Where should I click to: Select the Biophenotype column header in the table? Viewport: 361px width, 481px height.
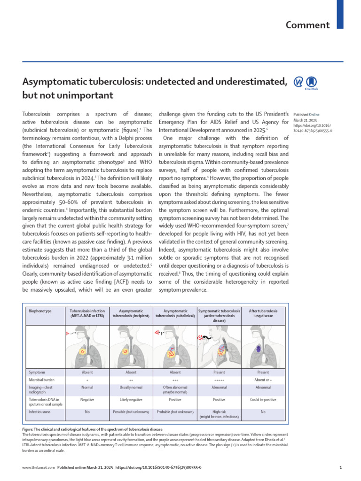[x=40, y=311]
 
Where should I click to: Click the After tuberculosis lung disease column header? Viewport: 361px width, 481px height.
[x=263, y=314]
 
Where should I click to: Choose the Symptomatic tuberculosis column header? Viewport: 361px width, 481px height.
[x=219, y=316]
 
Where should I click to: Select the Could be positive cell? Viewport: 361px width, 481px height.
[x=263, y=400]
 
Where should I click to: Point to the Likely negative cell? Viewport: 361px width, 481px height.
[x=131, y=400]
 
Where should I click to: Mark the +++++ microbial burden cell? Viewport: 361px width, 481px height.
[x=219, y=379]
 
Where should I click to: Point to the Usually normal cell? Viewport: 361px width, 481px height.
[x=131, y=388]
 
